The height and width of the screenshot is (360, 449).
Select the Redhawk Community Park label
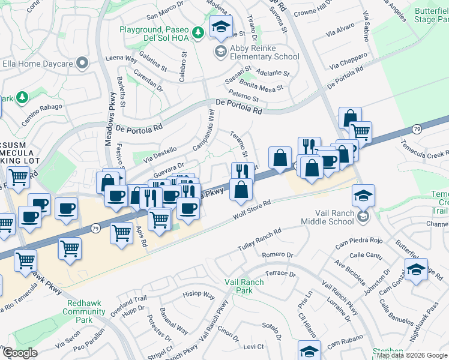coord(84,308)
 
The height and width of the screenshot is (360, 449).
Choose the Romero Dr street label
coord(277,254)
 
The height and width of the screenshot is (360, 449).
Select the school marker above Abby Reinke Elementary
coord(221,26)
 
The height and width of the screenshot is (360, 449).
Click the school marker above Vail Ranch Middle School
coord(363,196)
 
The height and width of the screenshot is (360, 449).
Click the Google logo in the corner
coord(20,353)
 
